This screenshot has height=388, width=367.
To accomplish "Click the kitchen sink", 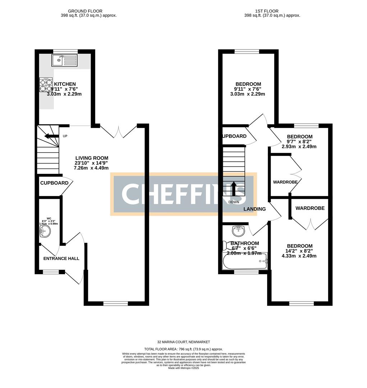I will coord(64,61).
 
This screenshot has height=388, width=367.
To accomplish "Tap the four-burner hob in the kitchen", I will coord(46,85).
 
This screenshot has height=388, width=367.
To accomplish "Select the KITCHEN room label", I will coord(65,84).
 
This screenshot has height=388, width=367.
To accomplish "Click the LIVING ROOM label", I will coord(92,158).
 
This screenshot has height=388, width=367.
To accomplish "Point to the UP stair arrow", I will coord(51,136).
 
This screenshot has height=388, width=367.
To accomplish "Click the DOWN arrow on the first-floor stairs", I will coord(234,189).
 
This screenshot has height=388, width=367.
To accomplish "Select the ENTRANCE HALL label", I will coord(61,259).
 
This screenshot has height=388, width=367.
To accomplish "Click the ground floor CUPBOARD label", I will coord(54,183).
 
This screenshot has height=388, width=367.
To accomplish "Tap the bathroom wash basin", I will coord(238,229).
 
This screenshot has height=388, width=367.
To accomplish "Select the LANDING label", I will coord(254,209).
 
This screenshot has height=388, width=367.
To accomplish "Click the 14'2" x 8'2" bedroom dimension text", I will coord(299,251).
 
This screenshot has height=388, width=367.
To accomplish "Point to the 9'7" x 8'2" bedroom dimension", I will coord(299,142).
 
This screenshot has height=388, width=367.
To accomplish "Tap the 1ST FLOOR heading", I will coord(272,11).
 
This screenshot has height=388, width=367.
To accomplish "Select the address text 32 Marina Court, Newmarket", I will coord(183,342).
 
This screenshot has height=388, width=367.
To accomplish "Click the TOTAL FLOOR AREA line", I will coord(183,349).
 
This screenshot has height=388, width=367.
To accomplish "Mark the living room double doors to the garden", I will coord(119,131).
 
